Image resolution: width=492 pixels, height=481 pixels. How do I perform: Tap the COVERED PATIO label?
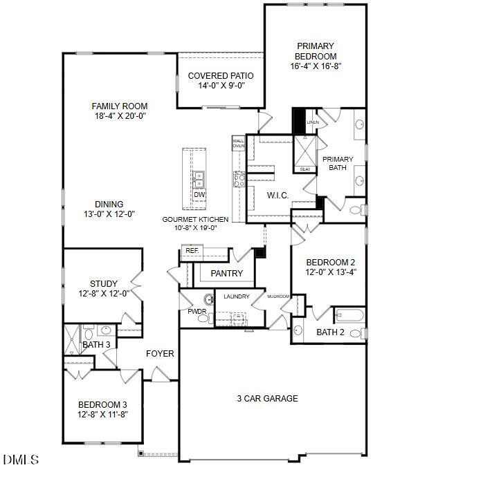point(221,76)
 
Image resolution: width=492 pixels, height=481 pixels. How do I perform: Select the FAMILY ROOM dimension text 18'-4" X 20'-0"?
point(120,116)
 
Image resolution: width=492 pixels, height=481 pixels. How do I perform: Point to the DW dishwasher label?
point(199,195)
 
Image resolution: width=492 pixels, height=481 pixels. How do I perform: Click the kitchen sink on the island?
point(199,180)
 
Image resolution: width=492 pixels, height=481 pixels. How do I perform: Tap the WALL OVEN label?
point(239,143)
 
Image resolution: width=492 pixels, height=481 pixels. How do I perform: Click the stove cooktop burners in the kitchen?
point(239,180)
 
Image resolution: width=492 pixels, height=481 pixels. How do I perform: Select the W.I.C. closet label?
point(278,196)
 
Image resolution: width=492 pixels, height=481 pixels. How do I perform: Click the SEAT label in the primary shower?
point(304,169)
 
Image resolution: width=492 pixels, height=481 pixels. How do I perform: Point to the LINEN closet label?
point(313,122)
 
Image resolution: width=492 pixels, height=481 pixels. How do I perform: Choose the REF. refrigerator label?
point(192,251)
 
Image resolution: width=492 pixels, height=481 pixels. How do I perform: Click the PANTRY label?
point(227,274)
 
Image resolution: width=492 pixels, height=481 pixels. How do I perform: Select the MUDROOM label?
point(278,296)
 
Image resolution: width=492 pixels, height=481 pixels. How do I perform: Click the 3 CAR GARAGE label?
point(268,398)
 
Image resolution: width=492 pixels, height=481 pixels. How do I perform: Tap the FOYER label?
point(160,354)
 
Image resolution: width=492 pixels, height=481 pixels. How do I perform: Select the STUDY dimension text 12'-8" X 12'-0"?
point(104,293)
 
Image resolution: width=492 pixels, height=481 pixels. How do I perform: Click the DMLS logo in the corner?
point(21,460)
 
